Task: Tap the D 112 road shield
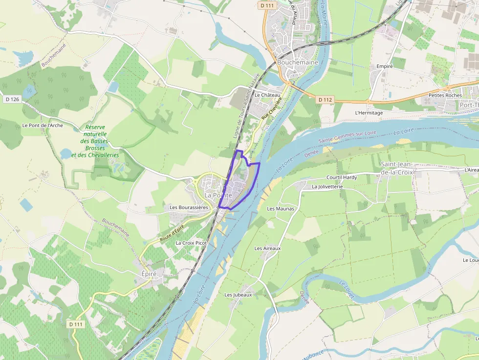click(325, 100)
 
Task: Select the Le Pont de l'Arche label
click(43, 126)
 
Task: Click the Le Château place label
click(267, 95)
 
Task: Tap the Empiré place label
click(385, 66)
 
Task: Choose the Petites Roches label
click(445, 95)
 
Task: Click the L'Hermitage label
click(369, 113)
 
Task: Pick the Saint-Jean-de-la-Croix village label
click(397, 168)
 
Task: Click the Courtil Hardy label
click(342, 177)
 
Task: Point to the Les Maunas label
click(281, 209)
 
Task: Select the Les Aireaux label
click(267, 248)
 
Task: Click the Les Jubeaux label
click(238, 295)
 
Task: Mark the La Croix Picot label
click(191, 243)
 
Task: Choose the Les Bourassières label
click(189, 207)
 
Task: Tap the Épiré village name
click(149, 274)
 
